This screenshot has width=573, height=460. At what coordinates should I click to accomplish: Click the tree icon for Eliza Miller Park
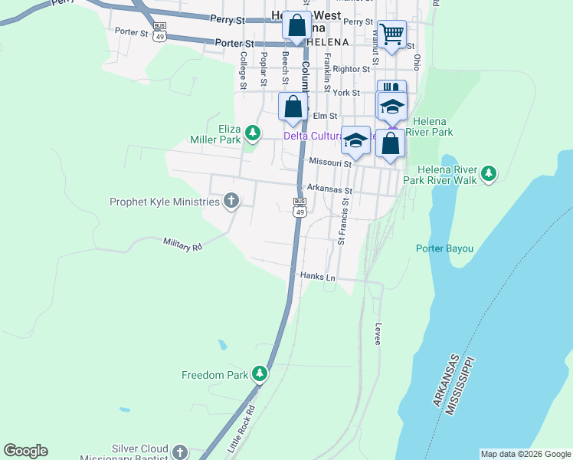tap(252, 135)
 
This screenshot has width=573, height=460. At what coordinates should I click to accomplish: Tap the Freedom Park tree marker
tap(260, 373)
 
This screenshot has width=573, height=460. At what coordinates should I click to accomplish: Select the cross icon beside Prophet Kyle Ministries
tap(231, 202)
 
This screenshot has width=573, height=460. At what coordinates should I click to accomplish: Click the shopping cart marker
tap(391, 34)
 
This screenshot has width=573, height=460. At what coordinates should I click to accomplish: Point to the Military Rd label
tap(182, 245)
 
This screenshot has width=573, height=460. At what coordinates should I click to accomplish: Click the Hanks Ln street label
tap(318, 276)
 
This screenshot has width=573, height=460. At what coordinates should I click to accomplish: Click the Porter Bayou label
tap(444, 248)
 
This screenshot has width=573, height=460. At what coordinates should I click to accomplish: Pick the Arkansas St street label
tap(329, 189)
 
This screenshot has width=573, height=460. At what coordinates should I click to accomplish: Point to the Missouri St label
tap(330, 162)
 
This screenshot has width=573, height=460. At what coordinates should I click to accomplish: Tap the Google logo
tap(25, 451)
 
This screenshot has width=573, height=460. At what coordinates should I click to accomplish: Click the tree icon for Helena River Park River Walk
tap(488, 174)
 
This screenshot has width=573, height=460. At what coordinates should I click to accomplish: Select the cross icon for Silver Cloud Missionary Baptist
tap(180, 452)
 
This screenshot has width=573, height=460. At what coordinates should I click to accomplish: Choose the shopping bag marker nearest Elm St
tap(293, 107)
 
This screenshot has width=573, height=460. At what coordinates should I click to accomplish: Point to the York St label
tap(346, 92)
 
